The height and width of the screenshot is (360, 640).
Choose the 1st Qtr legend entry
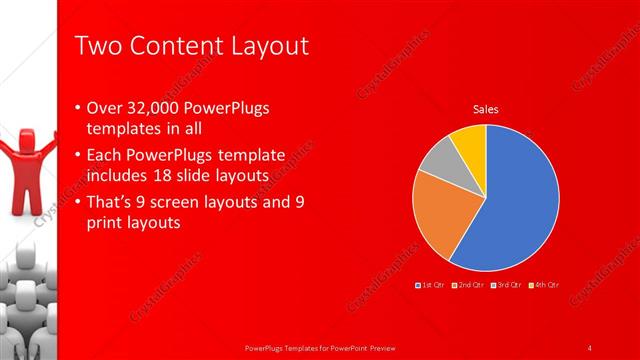click(433, 286)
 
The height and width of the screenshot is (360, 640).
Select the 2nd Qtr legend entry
click(469, 286)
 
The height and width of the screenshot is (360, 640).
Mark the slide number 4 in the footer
click(590, 348)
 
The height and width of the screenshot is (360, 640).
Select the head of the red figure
click(24, 135)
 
